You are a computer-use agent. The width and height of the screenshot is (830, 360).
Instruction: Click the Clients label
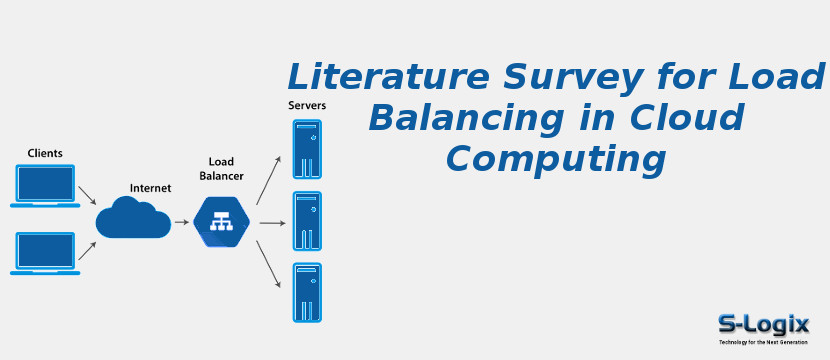pyautogui.click(x=45, y=153)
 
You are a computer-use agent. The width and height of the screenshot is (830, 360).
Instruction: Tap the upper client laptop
pyautogui.click(x=45, y=185)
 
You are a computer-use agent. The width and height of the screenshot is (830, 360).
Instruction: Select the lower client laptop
pyautogui.click(x=45, y=253)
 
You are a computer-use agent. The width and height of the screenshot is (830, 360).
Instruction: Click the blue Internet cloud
pyautogui.click(x=132, y=219)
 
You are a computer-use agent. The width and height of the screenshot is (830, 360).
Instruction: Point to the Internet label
pyautogui.click(x=150, y=188)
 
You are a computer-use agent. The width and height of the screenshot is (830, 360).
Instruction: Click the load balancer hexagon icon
pyautogui.click(x=221, y=222)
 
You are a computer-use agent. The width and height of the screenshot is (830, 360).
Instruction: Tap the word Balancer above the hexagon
pyautogui.click(x=221, y=176)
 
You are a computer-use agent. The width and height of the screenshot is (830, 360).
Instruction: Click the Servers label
pyautogui.click(x=307, y=106)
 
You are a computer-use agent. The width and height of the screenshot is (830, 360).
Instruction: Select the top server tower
pyautogui.click(x=307, y=149)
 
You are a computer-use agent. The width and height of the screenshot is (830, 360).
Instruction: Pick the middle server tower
pyautogui.click(x=307, y=221)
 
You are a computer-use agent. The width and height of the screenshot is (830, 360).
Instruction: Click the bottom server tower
pyautogui.click(x=307, y=292)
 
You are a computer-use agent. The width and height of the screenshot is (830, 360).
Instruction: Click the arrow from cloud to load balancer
pyautogui.click(x=181, y=222)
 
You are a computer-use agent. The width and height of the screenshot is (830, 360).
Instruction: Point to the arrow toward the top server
pyautogui.click(x=268, y=179)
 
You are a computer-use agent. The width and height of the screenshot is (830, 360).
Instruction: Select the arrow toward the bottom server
pyautogui.click(x=268, y=265)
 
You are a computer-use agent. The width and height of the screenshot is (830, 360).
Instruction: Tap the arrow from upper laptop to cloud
pyautogui.click(x=87, y=194)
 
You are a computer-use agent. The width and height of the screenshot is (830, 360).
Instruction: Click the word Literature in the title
pyautogui.click(x=376, y=76)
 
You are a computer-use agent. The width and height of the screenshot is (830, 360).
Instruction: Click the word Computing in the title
pyautogui.click(x=555, y=160)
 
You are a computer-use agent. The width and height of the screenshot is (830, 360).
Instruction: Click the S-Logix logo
pyautogui.click(x=763, y=326)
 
